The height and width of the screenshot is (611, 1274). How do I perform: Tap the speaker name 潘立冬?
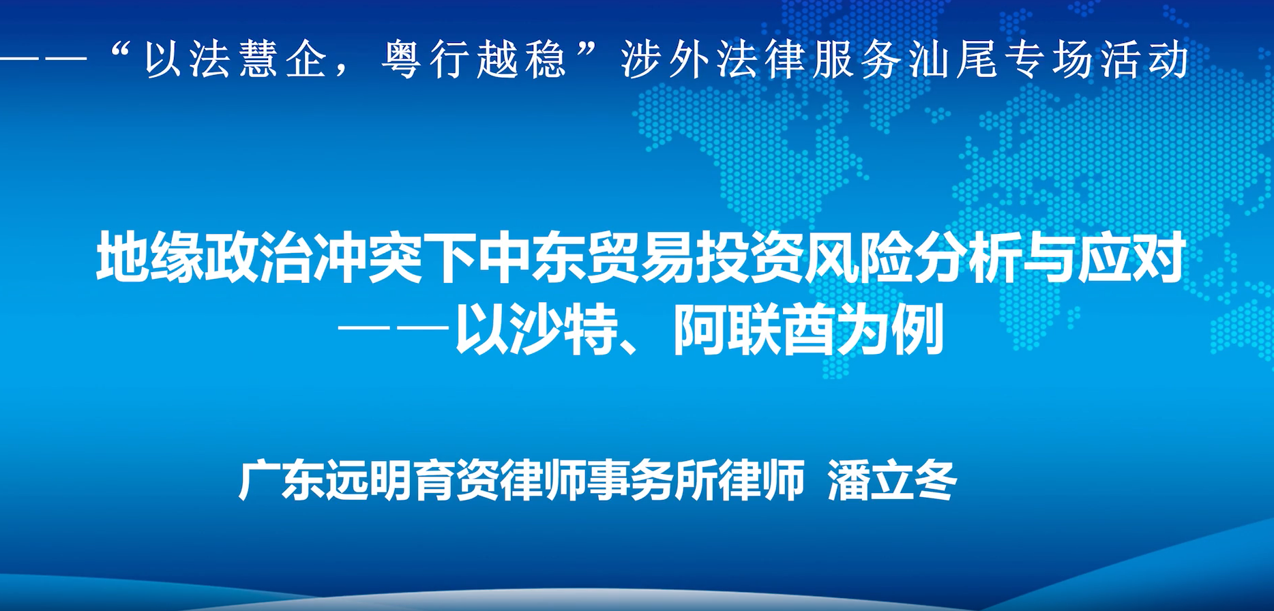(892, 481)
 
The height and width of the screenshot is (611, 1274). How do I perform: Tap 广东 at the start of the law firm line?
(281, 481)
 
